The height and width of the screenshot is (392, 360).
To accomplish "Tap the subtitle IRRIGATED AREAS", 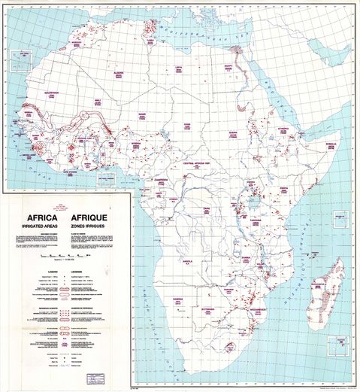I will [x=37, y=224].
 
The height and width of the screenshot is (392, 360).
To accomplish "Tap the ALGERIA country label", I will [x=118, y=73].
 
